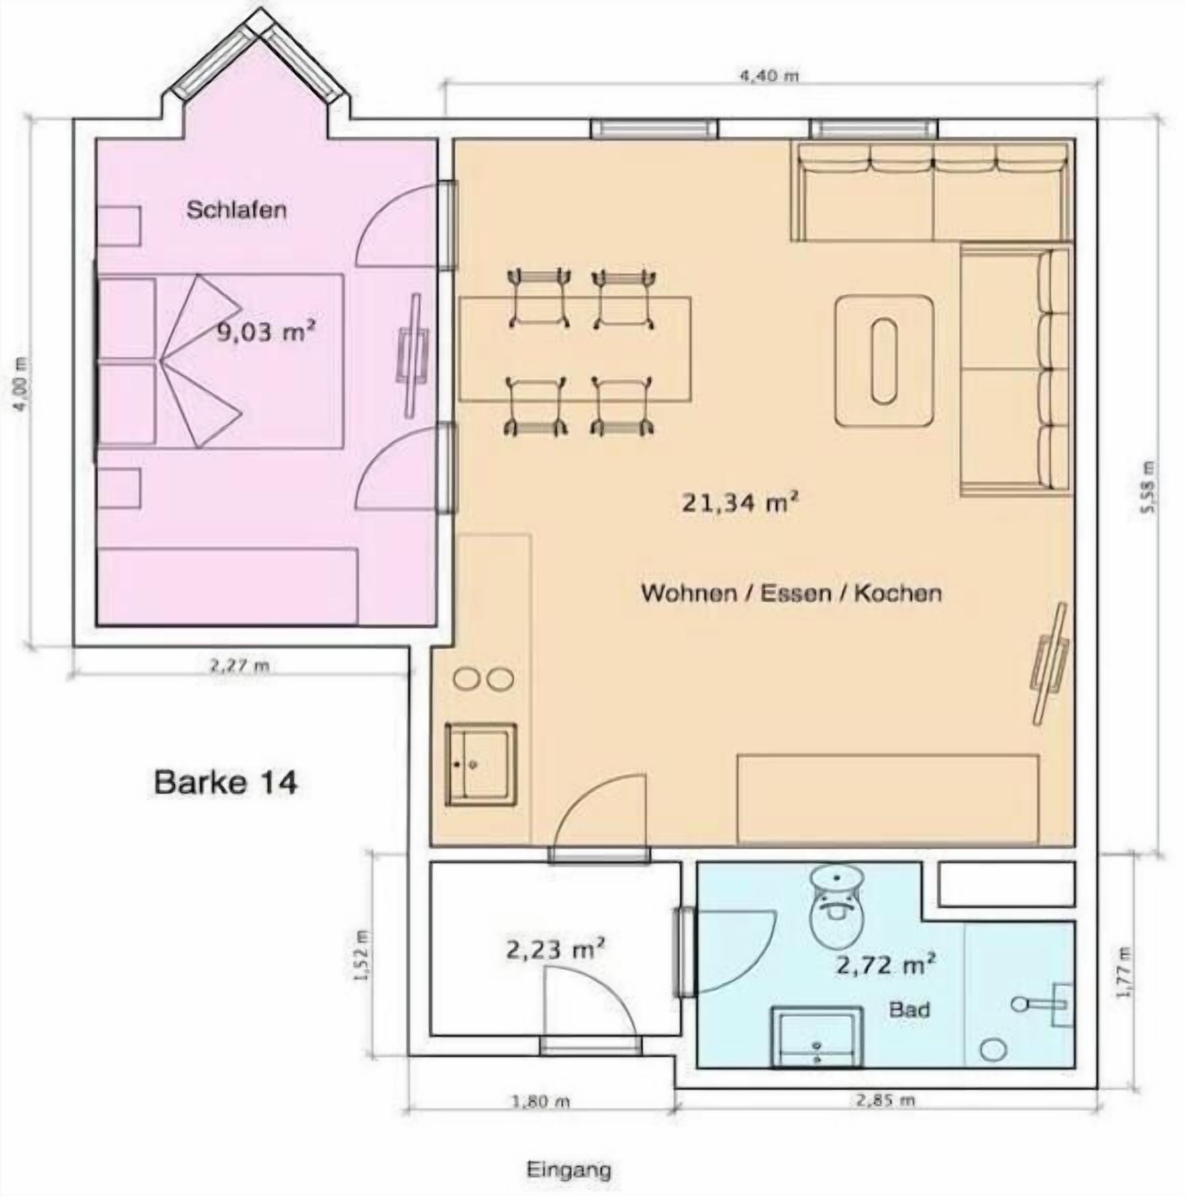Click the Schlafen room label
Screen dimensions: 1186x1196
[x=236, y=210]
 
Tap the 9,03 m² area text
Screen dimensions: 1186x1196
[x=266, y=331]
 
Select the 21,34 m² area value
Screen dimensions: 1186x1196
[x=739, y=502]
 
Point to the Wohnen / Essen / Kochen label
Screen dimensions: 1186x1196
[x=792, y=593]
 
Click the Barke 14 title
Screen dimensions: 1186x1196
[x=226, y=782]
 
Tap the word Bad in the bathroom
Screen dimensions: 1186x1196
[x=909, y=1010]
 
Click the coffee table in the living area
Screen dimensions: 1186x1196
[x=884, y=361]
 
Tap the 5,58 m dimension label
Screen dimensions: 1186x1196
[x=1149, y=487]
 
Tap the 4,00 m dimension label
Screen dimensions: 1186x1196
[x=21, y=384]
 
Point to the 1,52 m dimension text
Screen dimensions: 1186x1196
[x=364, y=955]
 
